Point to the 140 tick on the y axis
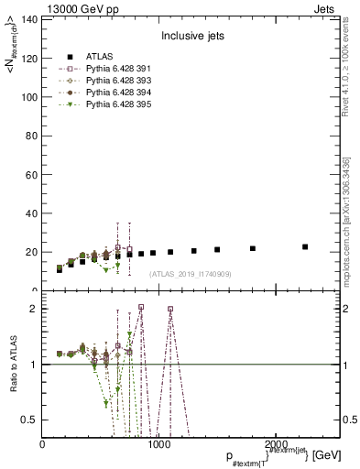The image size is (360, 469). click(x=29, y=19)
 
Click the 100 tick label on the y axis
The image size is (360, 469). click(x=29, y=97)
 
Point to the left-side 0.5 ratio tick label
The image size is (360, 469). click(x=30, y=420)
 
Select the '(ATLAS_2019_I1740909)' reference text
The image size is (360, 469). click(x=190, y=273)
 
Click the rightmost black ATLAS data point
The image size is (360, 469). click(x=305, y=246)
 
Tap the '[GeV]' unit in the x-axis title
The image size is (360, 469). click(x=326, y=455)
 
